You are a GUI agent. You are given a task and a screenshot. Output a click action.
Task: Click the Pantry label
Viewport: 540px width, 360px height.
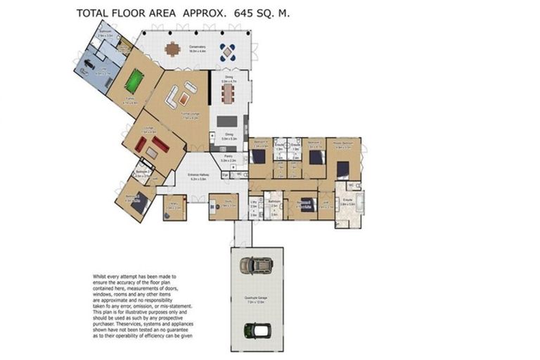(229, 159)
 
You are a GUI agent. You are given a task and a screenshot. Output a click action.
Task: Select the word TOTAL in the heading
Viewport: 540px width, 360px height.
(93, 13)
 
